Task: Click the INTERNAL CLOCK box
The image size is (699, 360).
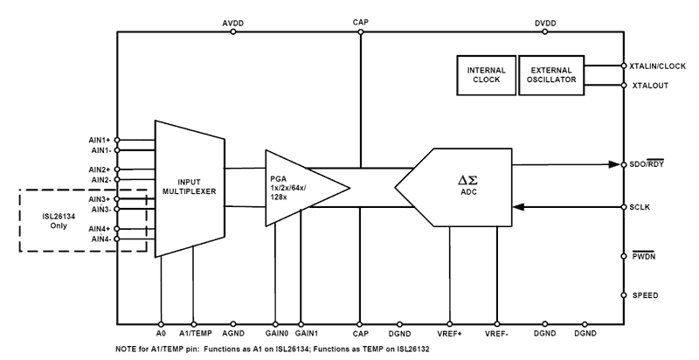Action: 486,74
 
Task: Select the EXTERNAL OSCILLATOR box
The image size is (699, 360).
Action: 552,74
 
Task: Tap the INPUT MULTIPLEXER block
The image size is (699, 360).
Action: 188,186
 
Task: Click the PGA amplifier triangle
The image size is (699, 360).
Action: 301,186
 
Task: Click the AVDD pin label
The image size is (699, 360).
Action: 233,24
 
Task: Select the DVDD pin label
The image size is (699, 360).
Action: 544,24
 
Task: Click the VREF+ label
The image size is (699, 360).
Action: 450,334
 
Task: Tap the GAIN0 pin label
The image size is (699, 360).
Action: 276,334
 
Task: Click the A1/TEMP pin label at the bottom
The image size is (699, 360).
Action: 194,334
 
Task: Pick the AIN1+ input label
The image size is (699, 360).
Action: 100,140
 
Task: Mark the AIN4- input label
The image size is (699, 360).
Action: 100,239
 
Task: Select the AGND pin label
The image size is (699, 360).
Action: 233,334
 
